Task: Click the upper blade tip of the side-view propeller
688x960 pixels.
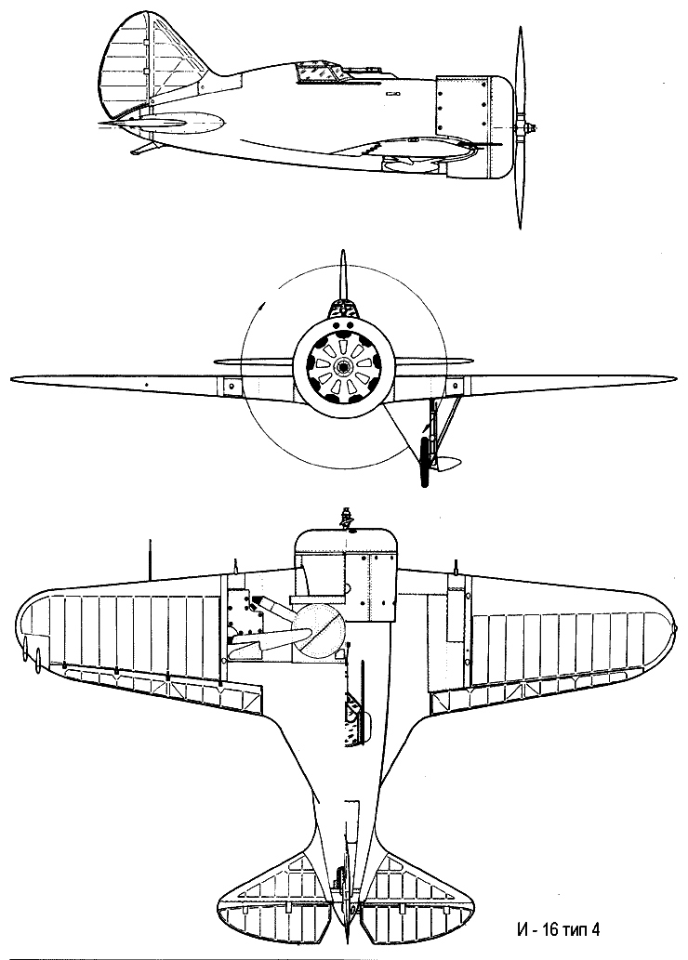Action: [521, 27]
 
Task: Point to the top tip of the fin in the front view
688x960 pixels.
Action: [344, 250]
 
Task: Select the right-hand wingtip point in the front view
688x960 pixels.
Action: [675, 377]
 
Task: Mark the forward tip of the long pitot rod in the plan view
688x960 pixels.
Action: [150, 541]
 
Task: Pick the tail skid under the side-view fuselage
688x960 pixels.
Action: [146, 148]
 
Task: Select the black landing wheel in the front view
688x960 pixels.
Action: [424, 461]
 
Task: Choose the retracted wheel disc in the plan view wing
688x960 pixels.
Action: [317, 631]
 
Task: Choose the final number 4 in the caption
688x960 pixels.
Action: [595, 928]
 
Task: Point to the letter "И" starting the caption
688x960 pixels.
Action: [522, 928]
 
